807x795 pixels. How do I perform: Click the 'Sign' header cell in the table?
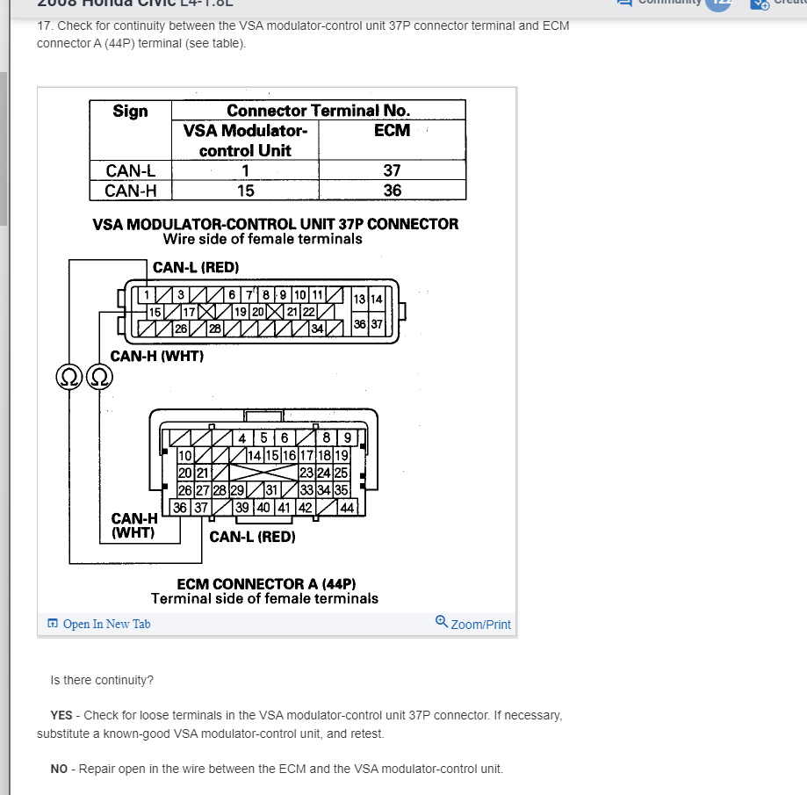pyautogui.click(x=130, y=111)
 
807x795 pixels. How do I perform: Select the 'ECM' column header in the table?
pyautogui.click(x=392, y=130)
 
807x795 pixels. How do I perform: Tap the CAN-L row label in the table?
pyautogui.click(x=130, y=171)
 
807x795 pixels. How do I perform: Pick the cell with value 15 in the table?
pyautogui.click(x=245, y=190)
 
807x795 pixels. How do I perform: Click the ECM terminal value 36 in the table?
pyautogui.click(x=392, y=190)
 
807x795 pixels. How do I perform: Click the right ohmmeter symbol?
pyautogui.click(x=100, y=377)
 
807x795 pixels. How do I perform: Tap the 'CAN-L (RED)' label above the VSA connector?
pyautogui.click(x=196, y=267)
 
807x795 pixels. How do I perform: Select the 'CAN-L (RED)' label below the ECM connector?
pyautogui.click(x=252, y=536)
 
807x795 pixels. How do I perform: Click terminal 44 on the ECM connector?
pyautogui.click(x=347, y=507)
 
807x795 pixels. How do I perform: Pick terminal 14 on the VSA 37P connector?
pyautogui.click(x=376, y=300)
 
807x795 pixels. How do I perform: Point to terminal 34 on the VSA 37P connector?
pyautogui.click(x=318, y=329)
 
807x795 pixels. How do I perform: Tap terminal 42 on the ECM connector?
pyautogui.click(x=305, y=507)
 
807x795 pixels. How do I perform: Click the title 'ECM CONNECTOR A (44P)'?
pyautogui.click(x=266, y=584)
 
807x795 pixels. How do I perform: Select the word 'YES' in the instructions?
pyautogui.click(x=61, y=715)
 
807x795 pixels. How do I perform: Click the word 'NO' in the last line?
pyautogui.click(x=59, y=769)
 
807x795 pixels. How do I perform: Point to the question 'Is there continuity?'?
pyautogui.click(x=102, y=680)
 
